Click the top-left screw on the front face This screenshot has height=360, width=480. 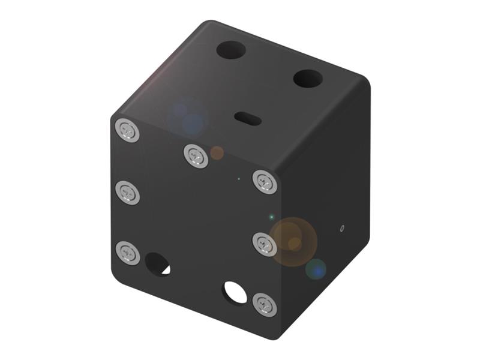(x=127, y=130)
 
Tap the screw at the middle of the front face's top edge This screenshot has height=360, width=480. (x=196, y=155)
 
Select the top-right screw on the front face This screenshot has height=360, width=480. (x=265, y=181)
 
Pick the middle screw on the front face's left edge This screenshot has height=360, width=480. (x=127, y=192)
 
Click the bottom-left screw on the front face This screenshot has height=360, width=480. (x=127, y=253)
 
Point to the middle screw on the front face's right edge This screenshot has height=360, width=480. (x=265, y=244)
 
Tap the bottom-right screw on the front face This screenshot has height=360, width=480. (x=265, y=304)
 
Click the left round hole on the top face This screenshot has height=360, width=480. (x=231, y=49)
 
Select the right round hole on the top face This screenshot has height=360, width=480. (x=308, y=78)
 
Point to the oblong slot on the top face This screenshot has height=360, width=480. (x=247, y=118)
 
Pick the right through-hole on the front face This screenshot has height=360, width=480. (x=235, y=292)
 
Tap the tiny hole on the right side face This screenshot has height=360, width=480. (x=342, y=228)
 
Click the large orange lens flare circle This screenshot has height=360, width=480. (x=292, y=241)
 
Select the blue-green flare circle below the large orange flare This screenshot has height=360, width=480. (x=316, y=269)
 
